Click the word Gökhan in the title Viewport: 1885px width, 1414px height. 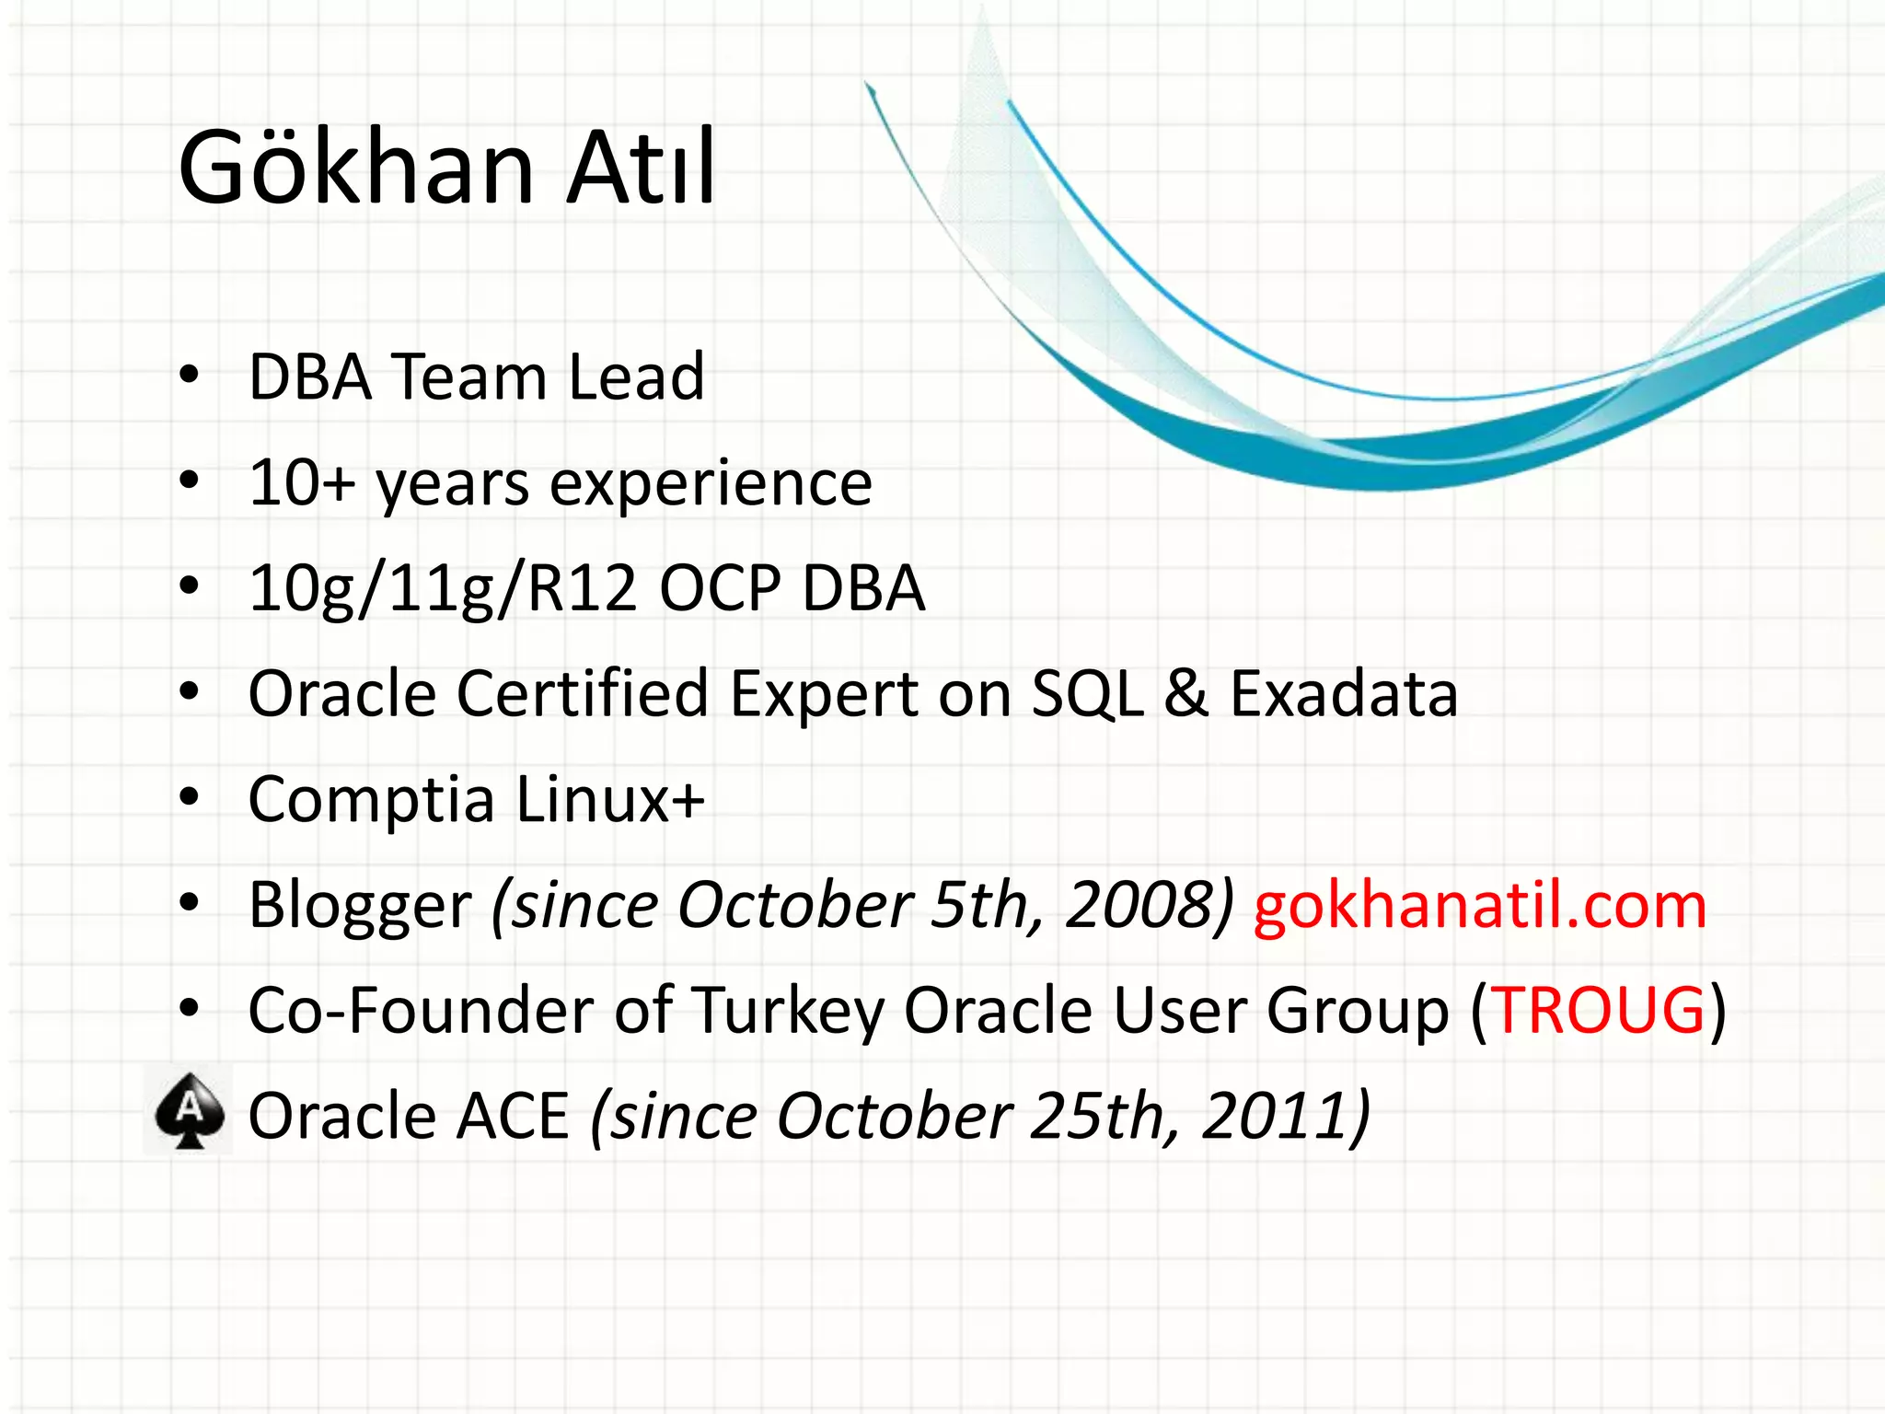[356, 168]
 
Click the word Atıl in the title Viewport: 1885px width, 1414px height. [640, 168]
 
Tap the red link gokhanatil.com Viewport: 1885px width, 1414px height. [1479, 906]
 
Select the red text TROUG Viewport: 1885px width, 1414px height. [1598, 1011]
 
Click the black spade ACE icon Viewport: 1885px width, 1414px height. [190, 1111]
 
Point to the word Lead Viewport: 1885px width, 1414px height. [636, 377]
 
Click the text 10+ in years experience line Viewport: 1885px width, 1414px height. [302, 483]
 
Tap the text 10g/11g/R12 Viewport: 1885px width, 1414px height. [443, 589]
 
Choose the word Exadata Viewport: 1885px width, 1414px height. [1344, 694]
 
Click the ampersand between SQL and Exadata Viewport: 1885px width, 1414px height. [1185, 694]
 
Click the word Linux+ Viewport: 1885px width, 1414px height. [610, 799]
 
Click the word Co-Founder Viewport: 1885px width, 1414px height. [421, 1011]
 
